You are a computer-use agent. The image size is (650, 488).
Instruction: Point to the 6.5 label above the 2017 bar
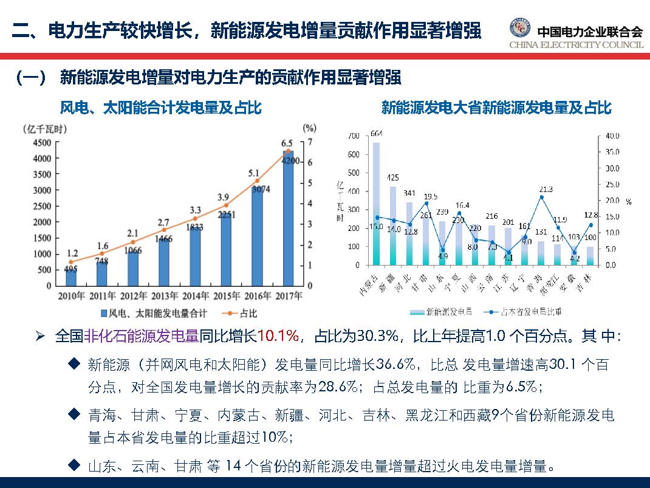point(287,143)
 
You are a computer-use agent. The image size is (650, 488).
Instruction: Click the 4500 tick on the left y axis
point(41,143)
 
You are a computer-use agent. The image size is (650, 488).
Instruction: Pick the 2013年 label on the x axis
point(164,297)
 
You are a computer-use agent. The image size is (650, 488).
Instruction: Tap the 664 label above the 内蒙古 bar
point(376,134)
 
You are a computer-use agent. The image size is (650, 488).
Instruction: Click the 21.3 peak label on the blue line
point(545,190)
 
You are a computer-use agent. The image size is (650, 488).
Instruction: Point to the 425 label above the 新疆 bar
point(392,178)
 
